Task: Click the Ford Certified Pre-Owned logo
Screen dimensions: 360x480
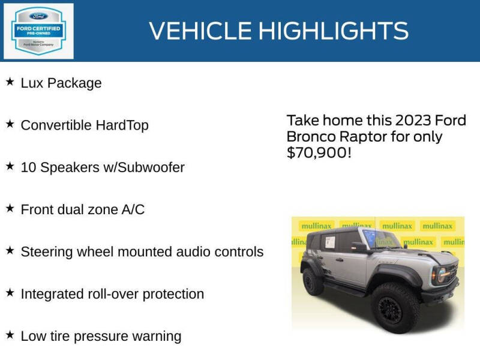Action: [x=38, y=31]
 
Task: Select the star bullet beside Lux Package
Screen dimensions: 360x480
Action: [x=10, y=82]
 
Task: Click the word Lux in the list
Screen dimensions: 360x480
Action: [x=31, y=83]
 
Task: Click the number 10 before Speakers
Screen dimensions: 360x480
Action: [x=28, y=167]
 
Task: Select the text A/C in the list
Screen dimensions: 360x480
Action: [x=133, y=209]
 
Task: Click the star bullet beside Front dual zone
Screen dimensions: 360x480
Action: [x=10, y=208]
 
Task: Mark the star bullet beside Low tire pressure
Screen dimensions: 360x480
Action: [x=10, y=335]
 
